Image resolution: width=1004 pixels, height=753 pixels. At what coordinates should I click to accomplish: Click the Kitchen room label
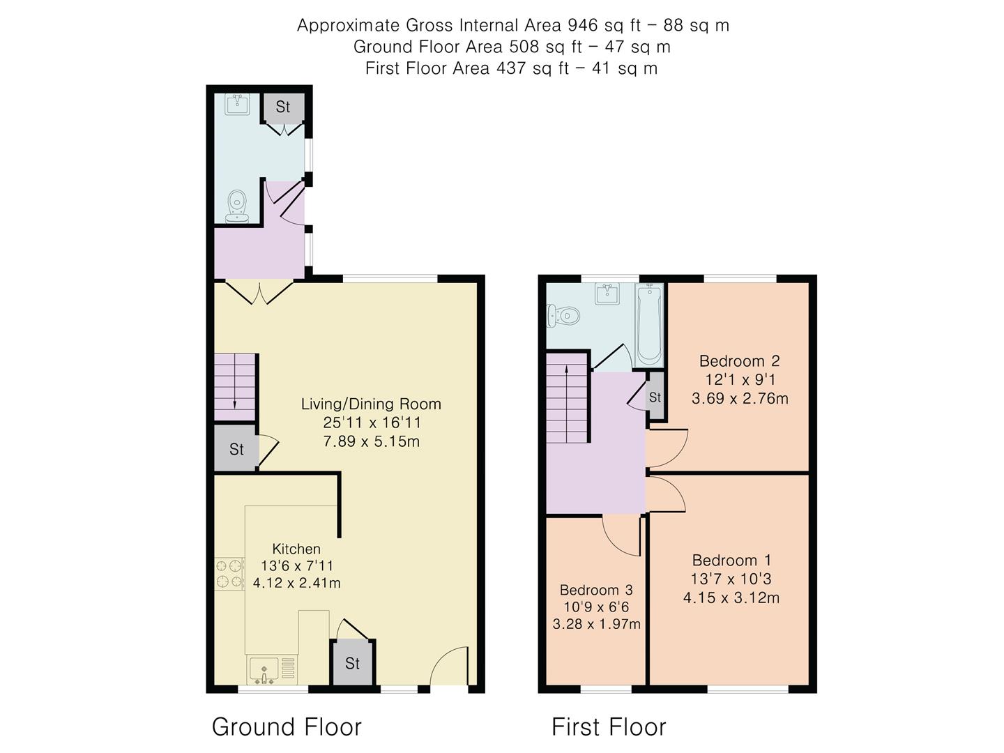(x=296, y=549)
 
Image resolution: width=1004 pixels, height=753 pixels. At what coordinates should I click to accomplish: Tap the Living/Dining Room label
(x=371, y=404)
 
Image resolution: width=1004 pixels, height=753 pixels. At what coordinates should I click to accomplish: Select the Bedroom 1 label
(x=731, y=560)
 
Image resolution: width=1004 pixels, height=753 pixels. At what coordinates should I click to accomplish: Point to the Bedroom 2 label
(x=739, y=361)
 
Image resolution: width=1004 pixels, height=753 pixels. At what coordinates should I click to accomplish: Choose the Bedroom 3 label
(x=596, y=590)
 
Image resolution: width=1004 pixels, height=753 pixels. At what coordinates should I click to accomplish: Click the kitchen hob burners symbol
(x=229, y=573)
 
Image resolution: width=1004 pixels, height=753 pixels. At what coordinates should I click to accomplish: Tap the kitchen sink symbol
(x=264, y=670)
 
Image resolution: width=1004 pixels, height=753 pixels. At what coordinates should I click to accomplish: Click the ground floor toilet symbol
(x=238, y=206)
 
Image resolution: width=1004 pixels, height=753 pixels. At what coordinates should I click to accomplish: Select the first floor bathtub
(x=649, y=325)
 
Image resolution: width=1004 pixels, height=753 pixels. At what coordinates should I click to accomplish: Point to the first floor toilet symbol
(x=564, y=317)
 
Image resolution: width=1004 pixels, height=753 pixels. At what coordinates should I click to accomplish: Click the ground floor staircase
(x=234, y=387)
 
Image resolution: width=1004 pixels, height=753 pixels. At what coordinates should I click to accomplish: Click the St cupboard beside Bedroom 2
(x=655, y=397)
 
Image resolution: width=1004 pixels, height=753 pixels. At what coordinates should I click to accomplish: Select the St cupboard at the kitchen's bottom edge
(x=352, y=663)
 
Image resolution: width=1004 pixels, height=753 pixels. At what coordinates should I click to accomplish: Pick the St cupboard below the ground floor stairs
(x=236, y=449)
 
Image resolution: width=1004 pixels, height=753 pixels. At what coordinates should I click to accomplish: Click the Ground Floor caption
(x=287, y=727)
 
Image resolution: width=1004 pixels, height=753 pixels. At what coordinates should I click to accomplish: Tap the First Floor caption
(x=609, y=727)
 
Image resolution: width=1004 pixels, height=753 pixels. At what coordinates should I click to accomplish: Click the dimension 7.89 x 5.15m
(x=371, y=441)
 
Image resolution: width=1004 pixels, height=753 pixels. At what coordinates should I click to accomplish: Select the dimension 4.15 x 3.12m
(x=731, y=598)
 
